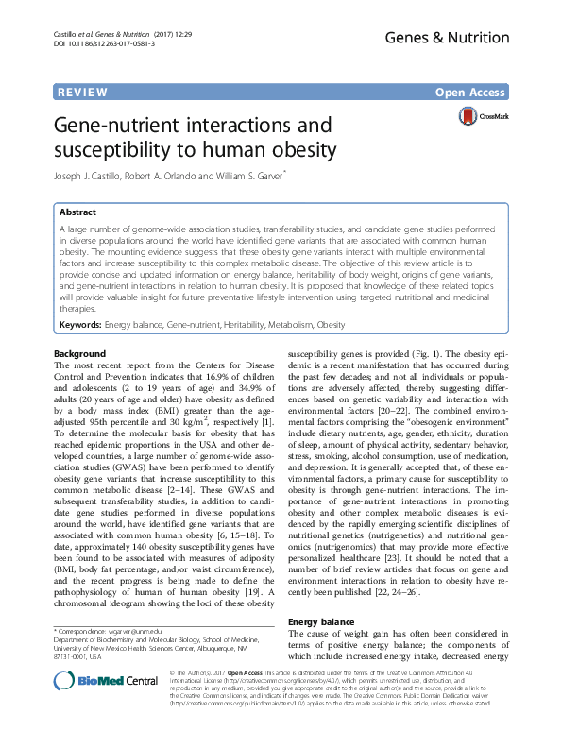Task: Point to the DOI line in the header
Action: pos(103,43)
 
